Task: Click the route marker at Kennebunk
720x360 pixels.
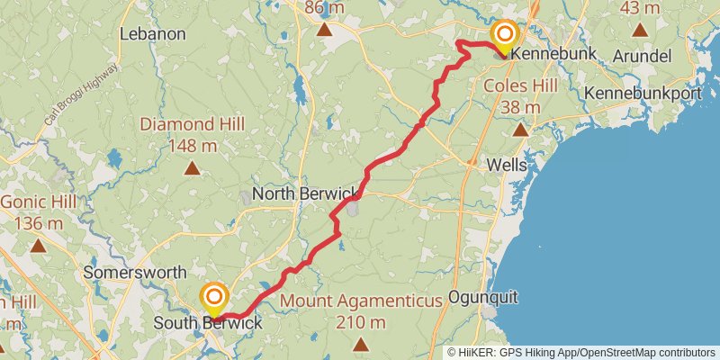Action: point(505,37)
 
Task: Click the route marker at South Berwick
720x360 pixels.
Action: point(214,298)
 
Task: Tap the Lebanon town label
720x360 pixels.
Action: point(152,34)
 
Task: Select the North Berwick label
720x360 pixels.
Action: point(305,193)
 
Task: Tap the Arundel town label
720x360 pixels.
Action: point(642,56)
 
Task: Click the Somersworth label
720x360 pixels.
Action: point(135,272)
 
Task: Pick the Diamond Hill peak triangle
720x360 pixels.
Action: point(192,167)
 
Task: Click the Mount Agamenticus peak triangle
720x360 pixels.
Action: point(361,344)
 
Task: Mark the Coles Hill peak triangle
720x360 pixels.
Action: point(520,130)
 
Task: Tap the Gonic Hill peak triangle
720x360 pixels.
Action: point(38,245)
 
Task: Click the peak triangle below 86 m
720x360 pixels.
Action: point(325,30)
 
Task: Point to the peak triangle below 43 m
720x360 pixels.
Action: point(640,30)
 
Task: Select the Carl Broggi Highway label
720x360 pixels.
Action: point(81,95)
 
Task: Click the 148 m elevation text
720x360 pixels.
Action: point(192,145)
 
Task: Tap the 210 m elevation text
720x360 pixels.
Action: point(361,322)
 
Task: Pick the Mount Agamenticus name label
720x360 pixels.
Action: point(361,301)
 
